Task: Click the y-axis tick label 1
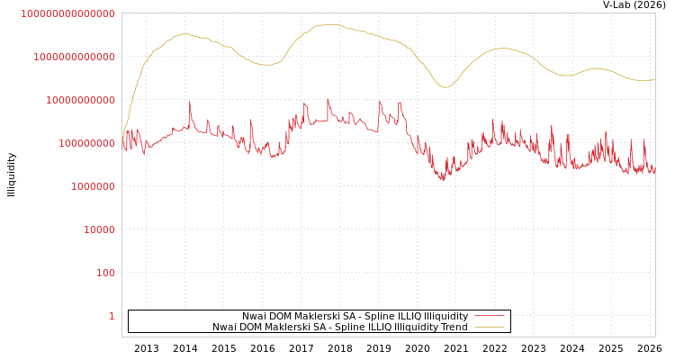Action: [x=112, y=316]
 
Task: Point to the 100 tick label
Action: [x=105, y=273]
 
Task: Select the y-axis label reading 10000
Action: [x=99, y=229]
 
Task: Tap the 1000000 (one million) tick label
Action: [x=93, y=186]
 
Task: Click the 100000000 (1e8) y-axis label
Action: [x=86, y=143]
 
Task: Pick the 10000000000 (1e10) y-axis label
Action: [x=80, y=100]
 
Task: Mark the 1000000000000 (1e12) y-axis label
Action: [x=74, y=57]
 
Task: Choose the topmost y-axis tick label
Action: [x=67, y=13]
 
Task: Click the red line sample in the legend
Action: [x=489, y=316]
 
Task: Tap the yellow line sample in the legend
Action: [x=489, y=327]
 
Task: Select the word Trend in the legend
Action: [x=453, y=327]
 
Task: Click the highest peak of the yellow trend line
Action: [x=328, y=24]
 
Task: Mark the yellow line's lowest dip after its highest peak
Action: [x=444, y=87]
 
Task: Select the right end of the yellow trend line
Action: [x=654, y=79]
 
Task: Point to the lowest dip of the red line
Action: [x=442, y=181]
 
